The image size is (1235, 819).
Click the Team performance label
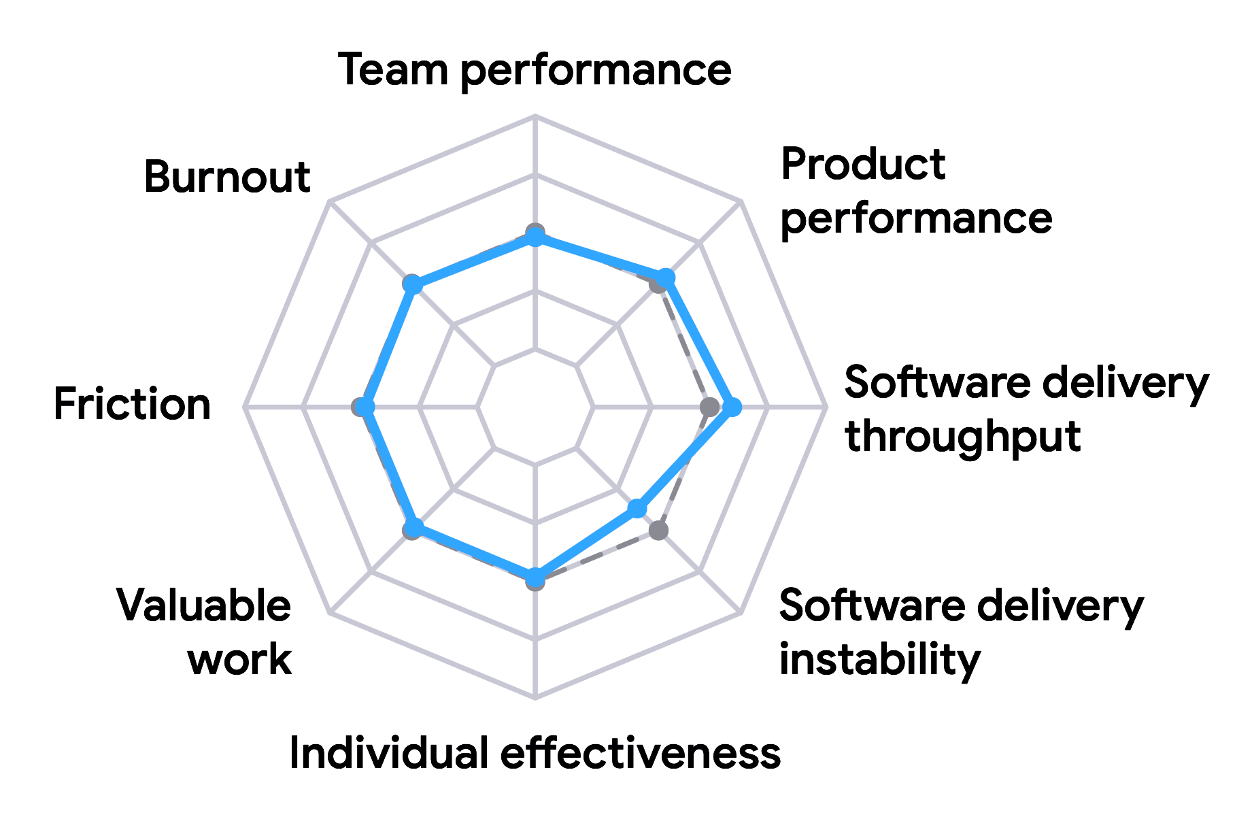tap(535, 71)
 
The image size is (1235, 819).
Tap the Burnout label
tap(227, 177)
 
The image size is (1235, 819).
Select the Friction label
tap(132, 404)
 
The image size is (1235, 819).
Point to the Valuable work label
tap(204, 632)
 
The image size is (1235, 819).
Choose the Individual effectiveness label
tap(535, 753)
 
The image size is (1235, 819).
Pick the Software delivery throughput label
tap(1026, 409)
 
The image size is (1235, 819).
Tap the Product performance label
tap(916, 192)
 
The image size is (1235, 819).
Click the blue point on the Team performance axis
tap(535, 237)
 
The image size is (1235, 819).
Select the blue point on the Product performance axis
tap(665, 278)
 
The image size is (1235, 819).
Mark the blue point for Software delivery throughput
tap(732, 407)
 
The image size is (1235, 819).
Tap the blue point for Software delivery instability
tap(637, 509)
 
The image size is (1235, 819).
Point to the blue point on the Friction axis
tap(366, 407)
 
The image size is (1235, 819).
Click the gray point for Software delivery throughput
tap(709, 407)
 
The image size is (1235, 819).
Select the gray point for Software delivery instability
tap(658, 531)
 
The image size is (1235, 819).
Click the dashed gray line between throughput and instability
tap(683, 469)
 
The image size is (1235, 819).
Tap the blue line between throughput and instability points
tap(684, 458)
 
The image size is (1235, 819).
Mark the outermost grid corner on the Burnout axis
tap(329, 201)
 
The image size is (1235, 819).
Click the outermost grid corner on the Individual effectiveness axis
tap(535, 697)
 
